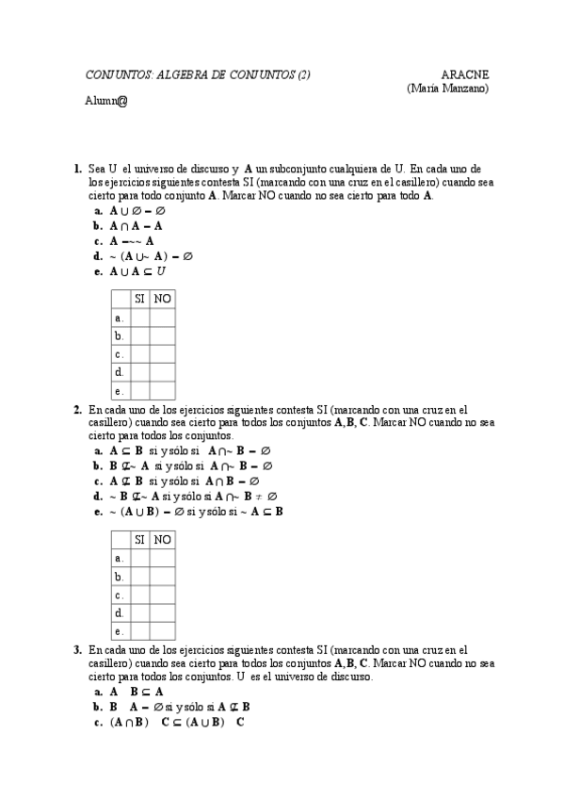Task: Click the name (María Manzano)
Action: coord(447,88)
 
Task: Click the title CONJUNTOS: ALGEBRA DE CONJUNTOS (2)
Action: coord(198,74)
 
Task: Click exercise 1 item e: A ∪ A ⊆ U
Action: coord(137,271)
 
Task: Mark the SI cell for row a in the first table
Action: coord(139,318)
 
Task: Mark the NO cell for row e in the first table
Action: coord(163,390)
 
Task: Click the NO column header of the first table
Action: coord(163,299)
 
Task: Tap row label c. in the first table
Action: coord(120,354)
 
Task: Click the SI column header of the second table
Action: coord(139,540)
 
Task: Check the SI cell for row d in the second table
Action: coord(139,613)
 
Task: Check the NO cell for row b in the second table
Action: coord(163,577)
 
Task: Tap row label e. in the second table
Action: coord(120,631)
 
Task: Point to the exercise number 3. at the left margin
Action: coord(77,650)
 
